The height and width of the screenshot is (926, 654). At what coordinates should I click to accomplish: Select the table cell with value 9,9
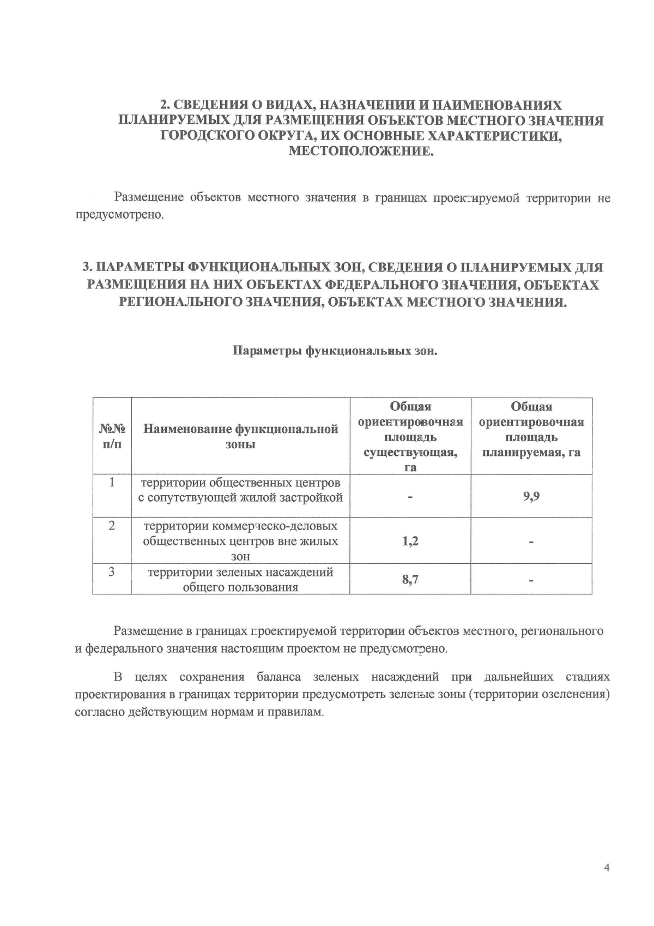pos(531,497)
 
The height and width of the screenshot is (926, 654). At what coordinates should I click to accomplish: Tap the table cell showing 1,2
pos(410,542)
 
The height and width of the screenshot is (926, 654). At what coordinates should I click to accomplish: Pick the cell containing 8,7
pos(410,580)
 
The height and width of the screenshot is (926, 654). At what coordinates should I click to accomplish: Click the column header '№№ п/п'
pos(112,436)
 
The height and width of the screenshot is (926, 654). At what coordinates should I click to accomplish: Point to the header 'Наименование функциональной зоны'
pos(240,436)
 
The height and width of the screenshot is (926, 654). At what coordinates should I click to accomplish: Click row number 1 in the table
pos(112,483)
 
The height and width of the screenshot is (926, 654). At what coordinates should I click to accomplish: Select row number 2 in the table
pos(112,526)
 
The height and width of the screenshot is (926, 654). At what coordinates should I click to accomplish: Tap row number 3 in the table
pos(112,573)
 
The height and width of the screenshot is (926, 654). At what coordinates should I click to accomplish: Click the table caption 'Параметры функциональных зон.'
pos(336,351)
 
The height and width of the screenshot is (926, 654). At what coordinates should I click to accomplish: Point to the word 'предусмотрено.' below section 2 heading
pos(119,215)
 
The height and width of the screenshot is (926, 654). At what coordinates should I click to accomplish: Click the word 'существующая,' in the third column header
pos(410,453)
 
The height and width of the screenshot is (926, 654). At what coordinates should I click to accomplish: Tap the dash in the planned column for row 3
pos(531,581)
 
